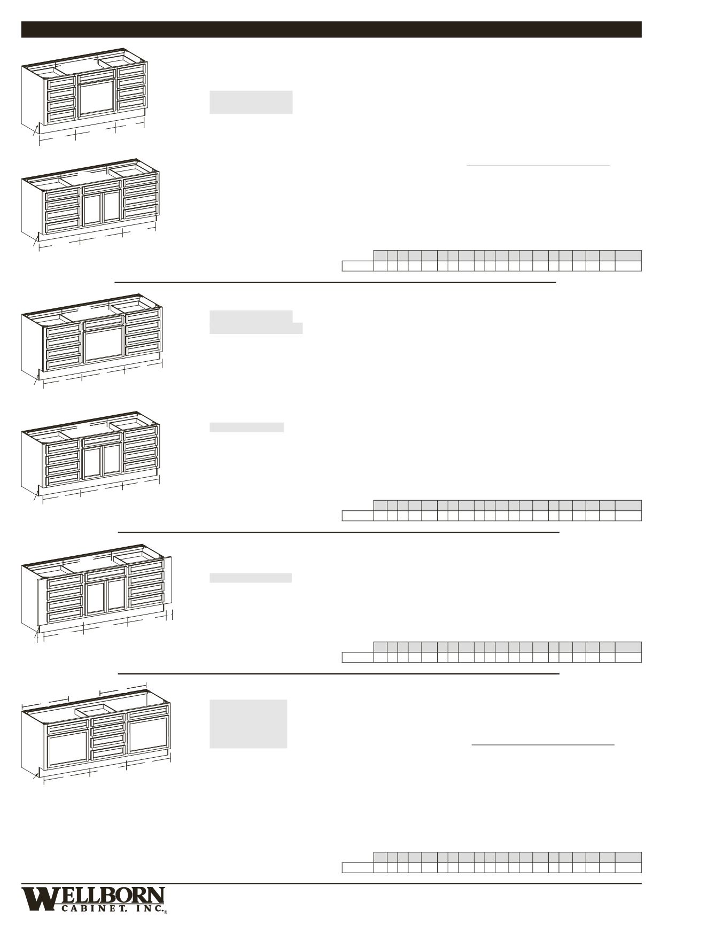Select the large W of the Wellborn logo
click(x=38, y=899)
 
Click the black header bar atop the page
click(x=331, y=29)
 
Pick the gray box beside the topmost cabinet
click(x=251, y=102)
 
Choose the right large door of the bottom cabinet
click(x=148, y=735)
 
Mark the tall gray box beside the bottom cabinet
click(x=248, y=724)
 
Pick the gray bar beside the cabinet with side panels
click(x=250, y=578)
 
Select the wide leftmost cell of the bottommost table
click(x=357, y=867)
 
